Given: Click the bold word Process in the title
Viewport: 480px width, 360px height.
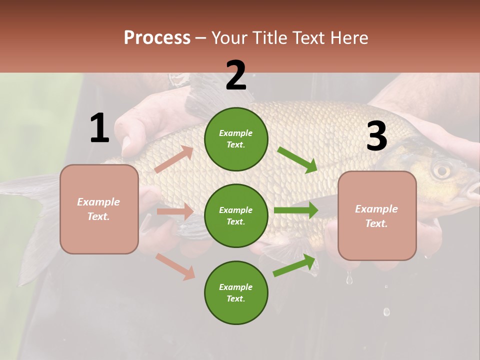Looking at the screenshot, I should (157, 37).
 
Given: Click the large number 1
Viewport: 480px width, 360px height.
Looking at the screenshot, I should (99, 128).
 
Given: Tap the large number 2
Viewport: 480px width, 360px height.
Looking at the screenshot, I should (236, 75).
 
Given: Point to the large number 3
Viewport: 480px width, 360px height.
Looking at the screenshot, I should (376, 136).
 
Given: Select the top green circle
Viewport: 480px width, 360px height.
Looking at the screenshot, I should (236, 139).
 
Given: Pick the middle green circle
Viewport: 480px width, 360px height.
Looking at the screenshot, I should (236, 215).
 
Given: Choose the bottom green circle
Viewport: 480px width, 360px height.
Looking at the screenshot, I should (236, 292).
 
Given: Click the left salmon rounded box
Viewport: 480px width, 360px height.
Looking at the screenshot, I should (99, 209).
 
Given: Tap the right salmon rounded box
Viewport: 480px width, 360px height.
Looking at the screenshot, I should (377, 216).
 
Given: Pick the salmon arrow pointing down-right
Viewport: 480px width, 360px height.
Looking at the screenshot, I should (175, 266).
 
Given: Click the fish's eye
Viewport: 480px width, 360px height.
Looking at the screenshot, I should (441, 170).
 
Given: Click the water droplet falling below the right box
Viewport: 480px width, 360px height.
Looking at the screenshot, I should (349, 279).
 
